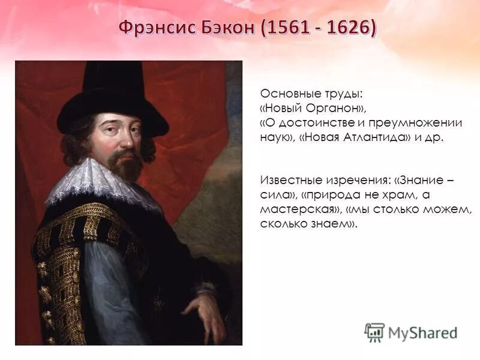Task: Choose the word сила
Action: click(x=273, y=196)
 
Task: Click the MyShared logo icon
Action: click(x=375, y=332)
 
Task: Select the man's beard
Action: click(x=128, y=165)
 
